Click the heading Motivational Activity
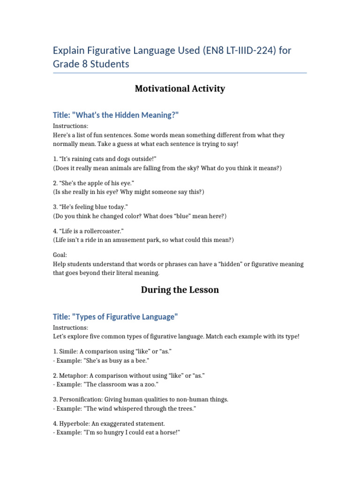180,89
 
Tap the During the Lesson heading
180,290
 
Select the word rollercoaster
102,231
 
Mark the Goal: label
60,255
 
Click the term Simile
68,352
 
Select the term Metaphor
73,375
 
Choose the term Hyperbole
75,424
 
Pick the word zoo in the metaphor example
151,384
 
